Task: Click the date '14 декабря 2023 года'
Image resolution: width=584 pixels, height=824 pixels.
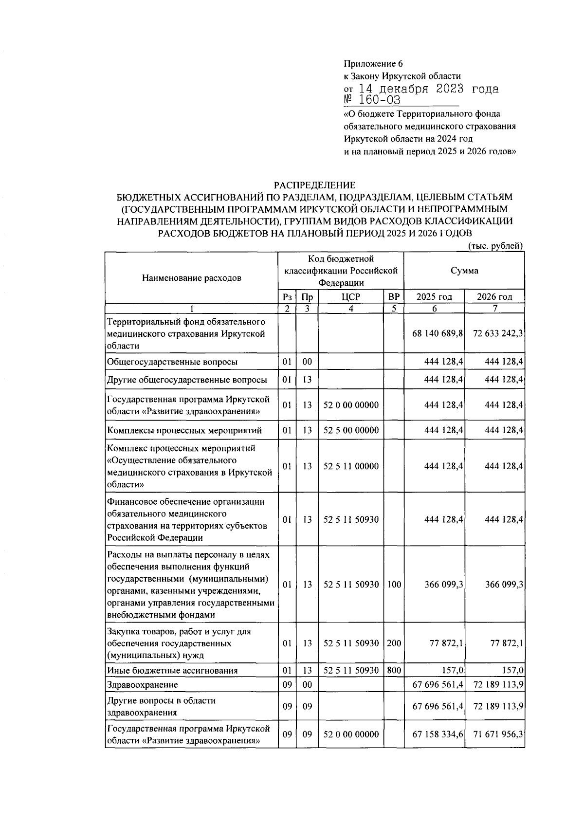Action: pos(428,89)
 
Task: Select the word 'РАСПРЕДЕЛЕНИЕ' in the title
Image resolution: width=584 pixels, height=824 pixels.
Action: pos(314,185)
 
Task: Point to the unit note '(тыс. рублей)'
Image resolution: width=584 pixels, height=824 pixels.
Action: pos(495,246)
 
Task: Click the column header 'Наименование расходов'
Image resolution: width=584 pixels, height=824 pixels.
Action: pos(191,278)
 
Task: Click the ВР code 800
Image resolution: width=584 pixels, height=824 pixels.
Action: pos(394,670)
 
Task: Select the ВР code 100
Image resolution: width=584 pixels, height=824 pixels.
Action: pos(394,585)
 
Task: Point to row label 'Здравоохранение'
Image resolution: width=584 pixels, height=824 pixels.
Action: pos(142,685)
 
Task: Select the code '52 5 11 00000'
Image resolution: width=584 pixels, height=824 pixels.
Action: pos(351,466)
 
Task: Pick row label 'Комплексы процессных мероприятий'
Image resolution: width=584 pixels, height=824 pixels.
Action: pos(184,430)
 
